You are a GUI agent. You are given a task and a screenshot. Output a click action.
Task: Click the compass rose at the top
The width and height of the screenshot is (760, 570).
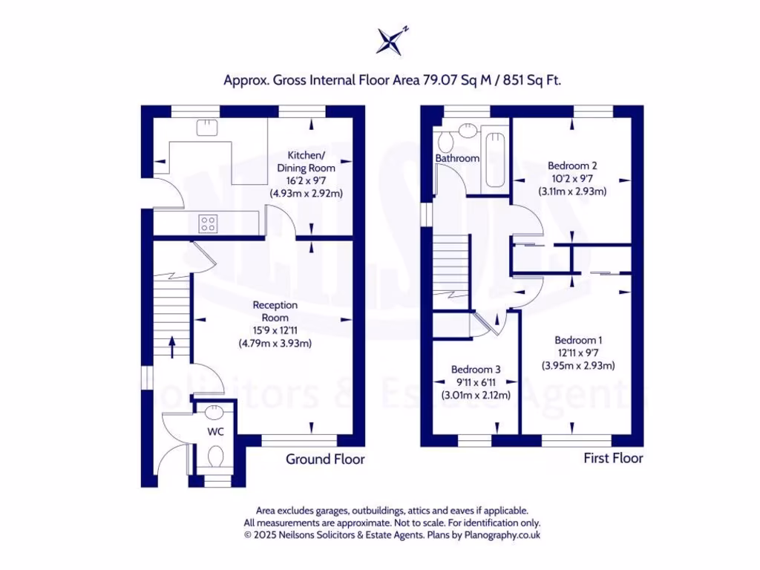(391, 41)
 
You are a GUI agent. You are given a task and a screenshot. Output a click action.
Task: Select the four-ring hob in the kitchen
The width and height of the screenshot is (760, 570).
(209, 223)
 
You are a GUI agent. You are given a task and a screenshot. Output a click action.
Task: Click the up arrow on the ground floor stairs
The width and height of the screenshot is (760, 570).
(171, 347)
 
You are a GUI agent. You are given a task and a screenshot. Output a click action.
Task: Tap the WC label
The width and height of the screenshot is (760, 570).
(215, 431)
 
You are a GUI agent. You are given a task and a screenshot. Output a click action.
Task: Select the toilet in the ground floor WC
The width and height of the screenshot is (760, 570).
(216, 455)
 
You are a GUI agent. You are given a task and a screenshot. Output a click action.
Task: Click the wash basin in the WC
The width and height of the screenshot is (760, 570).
(214, 410)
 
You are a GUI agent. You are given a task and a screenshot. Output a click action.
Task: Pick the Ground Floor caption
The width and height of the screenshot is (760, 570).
(325, 459)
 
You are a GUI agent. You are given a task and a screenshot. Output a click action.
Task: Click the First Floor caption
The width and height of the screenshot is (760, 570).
(612, 459)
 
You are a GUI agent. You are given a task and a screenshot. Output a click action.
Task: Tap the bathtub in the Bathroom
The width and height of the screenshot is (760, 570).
(494, 160)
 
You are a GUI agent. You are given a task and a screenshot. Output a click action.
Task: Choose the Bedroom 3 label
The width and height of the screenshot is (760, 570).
(476, 370)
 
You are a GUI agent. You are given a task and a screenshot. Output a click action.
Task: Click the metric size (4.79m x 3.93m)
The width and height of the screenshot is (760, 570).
(275, 343)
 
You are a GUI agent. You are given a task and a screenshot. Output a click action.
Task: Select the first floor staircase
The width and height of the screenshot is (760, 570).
(451, 267)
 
